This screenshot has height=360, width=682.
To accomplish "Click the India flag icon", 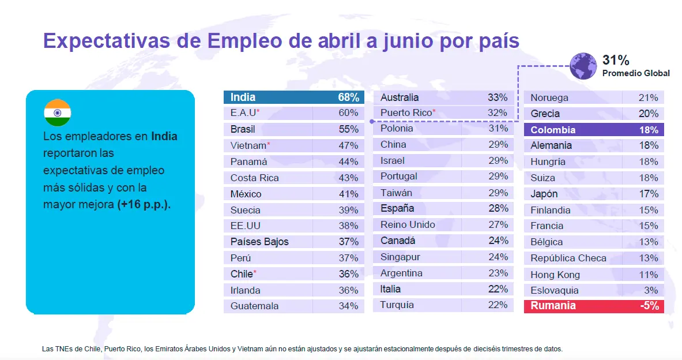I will pos(57,112).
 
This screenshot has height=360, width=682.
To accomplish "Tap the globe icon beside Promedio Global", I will pos(583,65).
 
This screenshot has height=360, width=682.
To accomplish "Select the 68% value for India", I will pos(349,97).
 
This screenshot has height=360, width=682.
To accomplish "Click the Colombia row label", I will pos(553,130).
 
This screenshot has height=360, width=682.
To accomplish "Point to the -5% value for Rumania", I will pos(649,306).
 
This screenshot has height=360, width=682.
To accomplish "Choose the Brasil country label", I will pos(243,129).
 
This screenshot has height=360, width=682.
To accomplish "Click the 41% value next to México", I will pos(348,194).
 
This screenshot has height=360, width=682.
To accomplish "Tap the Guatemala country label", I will pos(254,306).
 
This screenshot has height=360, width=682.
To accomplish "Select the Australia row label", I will pos(400,97).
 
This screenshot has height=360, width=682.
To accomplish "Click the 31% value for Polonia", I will pos(498,129).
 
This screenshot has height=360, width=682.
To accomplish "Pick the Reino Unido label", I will pos(408,224).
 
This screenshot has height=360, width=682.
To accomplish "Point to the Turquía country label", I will pos(397,305).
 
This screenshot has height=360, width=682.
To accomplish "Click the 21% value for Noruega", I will pos(649,97).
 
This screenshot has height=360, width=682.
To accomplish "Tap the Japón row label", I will pos(544,194).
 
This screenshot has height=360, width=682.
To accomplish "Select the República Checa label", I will pos(568,258).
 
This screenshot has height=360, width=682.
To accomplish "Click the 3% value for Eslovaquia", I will pos(651,290).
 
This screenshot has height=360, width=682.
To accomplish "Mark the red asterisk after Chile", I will pos(255,272).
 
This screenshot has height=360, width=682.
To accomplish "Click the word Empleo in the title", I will pos(243,41).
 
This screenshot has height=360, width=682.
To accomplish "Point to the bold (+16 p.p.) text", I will pos(144,204).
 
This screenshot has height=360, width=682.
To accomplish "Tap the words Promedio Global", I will pos(636,73).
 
